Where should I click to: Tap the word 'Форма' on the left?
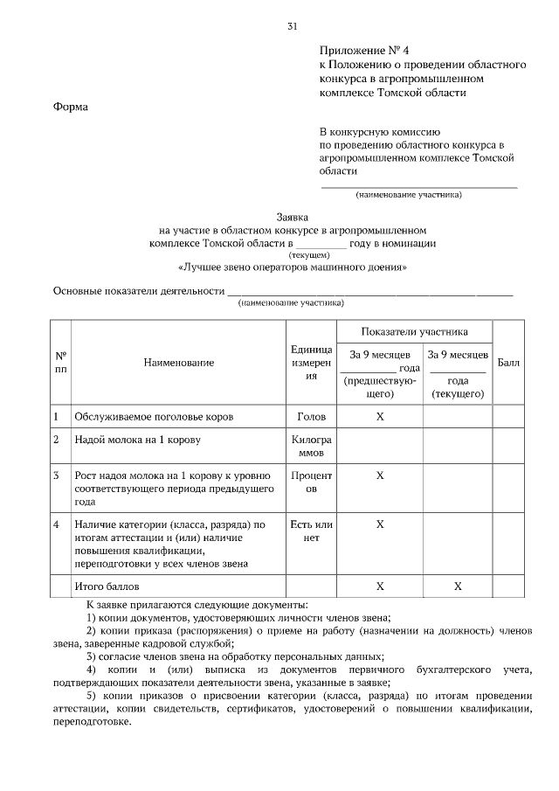[71, 107]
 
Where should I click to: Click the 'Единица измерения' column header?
[311, 362]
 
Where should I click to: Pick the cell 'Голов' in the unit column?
[311, 417]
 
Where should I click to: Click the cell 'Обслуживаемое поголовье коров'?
[154, 417]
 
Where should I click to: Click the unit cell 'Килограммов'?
[311, 447]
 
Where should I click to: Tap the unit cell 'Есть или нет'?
[311, 531]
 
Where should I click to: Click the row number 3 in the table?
[57, 476]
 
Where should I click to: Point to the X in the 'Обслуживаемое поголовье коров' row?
[380, 417]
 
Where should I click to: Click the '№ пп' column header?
[61, 363]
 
